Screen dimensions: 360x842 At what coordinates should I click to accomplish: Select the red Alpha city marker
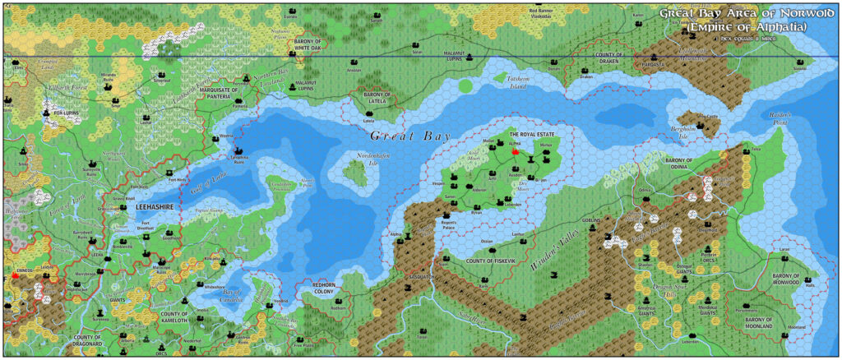[516, 151]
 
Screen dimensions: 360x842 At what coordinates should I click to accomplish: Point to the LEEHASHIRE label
[154, 209]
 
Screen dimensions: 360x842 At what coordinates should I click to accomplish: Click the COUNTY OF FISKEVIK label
[491, 261]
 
